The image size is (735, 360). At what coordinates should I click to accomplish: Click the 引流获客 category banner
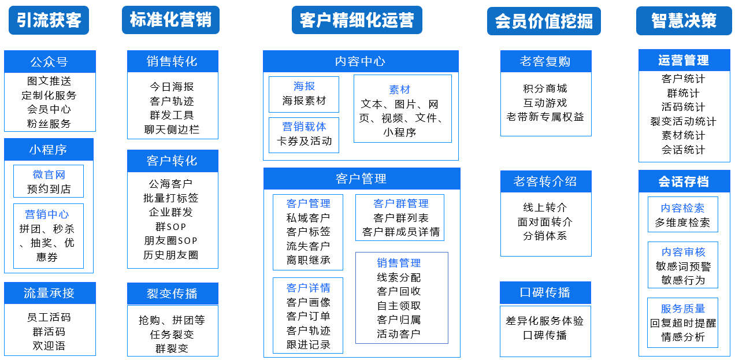[49, 20]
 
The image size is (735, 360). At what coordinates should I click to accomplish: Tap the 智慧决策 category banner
[684, 20]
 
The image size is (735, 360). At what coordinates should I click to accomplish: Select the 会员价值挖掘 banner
[544, 21]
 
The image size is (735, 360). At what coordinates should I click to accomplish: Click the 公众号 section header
[50, 61]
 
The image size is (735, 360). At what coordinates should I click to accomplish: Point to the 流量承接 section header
[50, 293]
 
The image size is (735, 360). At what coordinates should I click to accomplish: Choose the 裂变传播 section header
[173, 294]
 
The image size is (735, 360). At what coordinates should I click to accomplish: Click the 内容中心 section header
[361, 61]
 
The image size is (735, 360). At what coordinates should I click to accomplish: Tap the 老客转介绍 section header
[545, 181]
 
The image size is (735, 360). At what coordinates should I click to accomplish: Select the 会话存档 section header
[684, 181]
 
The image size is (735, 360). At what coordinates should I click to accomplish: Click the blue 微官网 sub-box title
[49, 175]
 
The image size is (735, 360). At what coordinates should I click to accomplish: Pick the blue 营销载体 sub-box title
[304, 127]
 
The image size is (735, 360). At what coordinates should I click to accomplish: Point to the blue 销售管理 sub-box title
[399, 263]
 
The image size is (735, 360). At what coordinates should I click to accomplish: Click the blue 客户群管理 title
[401, 203]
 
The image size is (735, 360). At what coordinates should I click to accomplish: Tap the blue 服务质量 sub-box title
[683, 309]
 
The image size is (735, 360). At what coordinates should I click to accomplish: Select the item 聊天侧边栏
[172, 129]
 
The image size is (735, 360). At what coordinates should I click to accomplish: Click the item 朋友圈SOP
[170, 241]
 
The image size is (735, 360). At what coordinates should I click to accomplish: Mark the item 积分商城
[545, 88]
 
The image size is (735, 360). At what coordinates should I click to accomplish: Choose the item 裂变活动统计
[683, 121]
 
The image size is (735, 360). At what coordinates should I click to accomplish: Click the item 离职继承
[308, 260]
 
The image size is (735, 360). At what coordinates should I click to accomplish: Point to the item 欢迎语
[49, 346]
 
